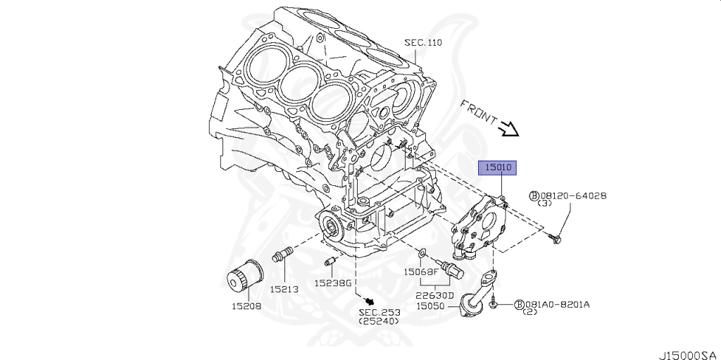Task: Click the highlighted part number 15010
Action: point(499,168)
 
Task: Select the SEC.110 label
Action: point(422,42)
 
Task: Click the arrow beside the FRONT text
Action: point(508,128)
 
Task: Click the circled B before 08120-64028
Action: point(534,196)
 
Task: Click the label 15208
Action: point(247,306)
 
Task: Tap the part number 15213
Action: point(285,289)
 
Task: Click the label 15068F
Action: point(421,271)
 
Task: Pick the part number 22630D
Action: point(434,295)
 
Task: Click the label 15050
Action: point(431,306)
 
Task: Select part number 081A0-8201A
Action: point(557,304)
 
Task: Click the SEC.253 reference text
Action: point(380,311)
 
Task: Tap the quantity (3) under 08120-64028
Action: point(544,204)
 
